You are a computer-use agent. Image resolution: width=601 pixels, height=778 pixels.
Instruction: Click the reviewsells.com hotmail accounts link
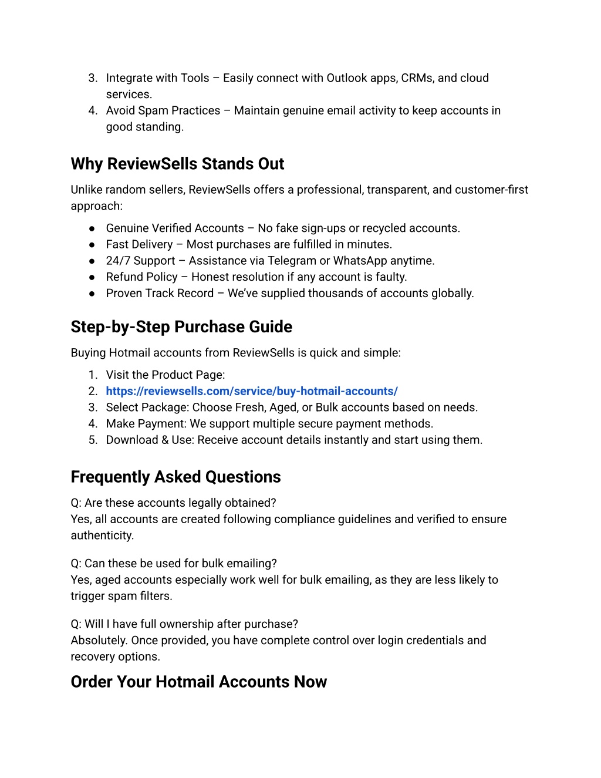coord(252,391)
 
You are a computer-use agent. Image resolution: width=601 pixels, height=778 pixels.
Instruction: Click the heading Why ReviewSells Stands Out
coord(177,164)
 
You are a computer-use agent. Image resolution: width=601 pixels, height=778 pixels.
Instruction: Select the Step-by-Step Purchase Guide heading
coord(181,327)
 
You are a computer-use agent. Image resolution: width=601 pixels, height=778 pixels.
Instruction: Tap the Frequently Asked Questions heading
coord(175,477)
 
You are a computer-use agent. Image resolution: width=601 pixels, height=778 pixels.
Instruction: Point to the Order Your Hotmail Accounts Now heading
coord(198,682)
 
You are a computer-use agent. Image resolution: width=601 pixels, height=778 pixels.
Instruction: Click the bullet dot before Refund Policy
coord(92,277)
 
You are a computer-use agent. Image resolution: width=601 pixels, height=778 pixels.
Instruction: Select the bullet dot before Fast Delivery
coord(92,245)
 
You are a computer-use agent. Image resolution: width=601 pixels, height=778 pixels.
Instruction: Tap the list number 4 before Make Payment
coord(92,424)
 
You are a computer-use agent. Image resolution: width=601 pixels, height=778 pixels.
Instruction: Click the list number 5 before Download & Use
coord(92,440)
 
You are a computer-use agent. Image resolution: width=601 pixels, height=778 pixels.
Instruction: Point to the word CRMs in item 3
coord(417,78)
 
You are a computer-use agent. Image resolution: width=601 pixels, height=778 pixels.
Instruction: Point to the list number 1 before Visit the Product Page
coord(92,375)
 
